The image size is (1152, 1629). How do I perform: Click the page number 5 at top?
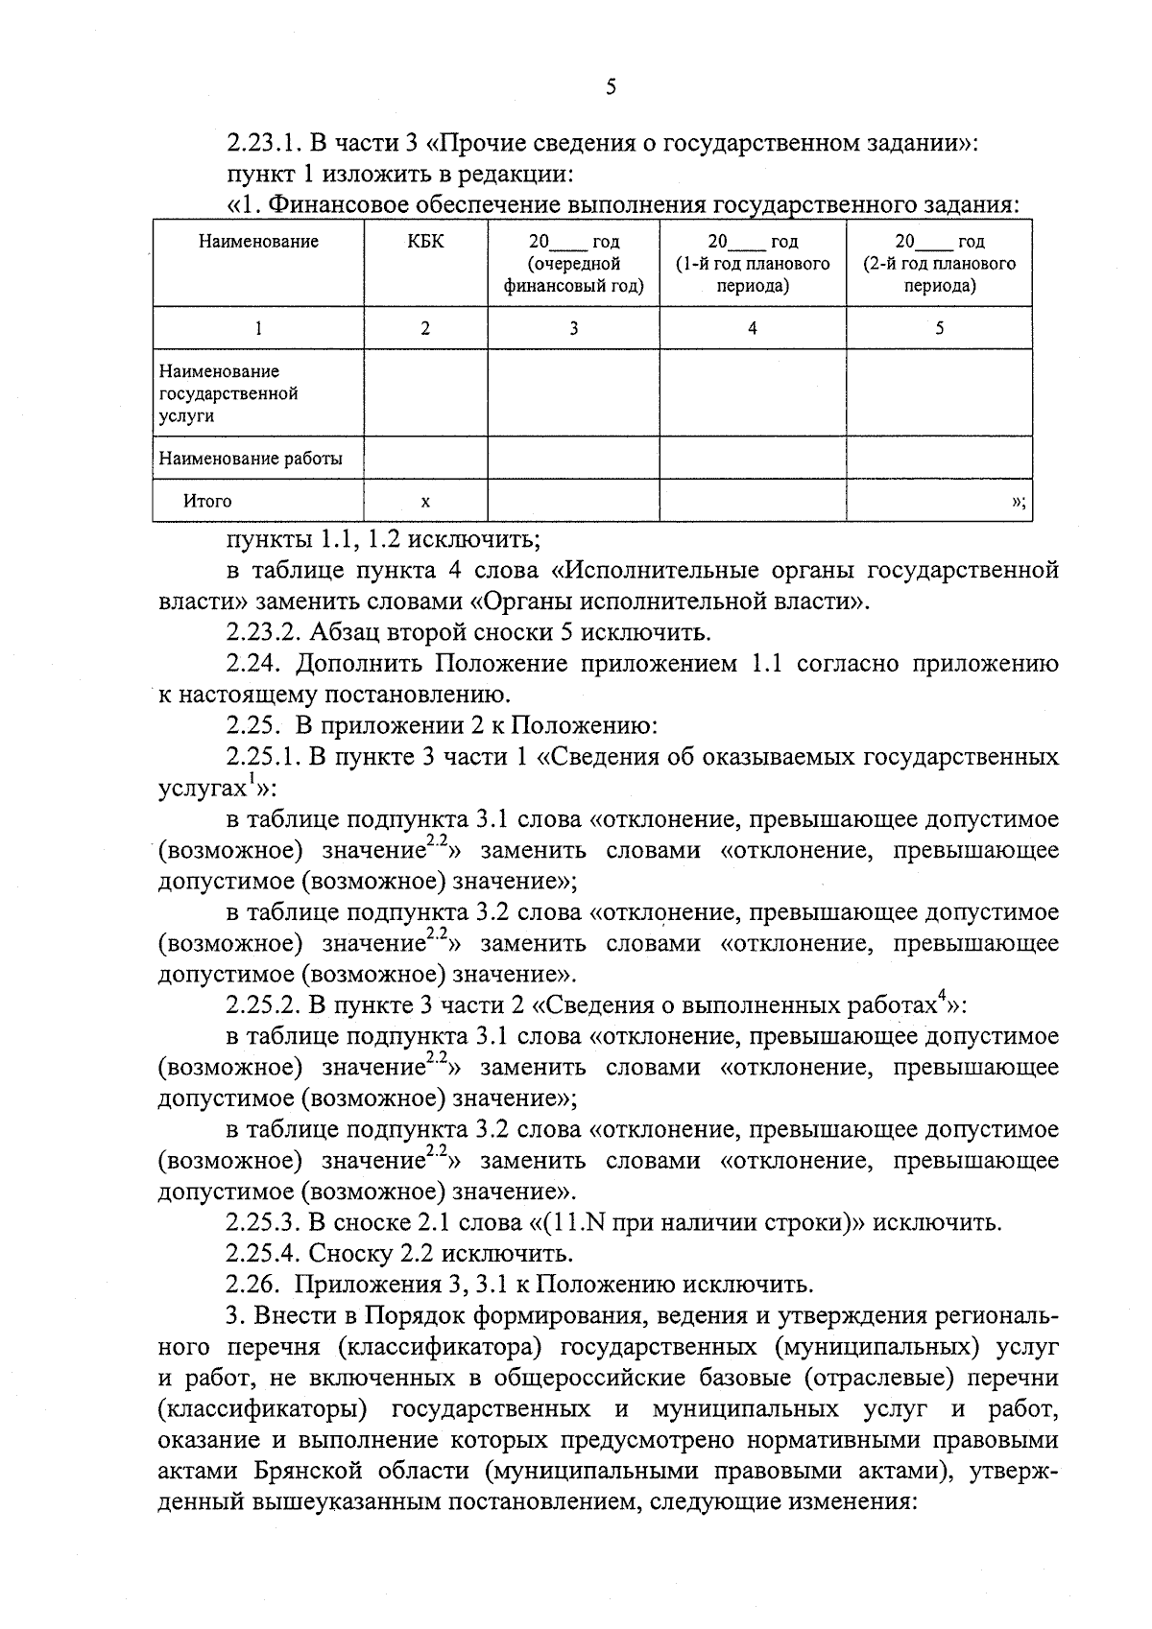coord(612,87)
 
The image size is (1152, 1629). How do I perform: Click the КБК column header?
coord(425,242)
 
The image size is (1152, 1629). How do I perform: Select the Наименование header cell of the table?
coord(258,242)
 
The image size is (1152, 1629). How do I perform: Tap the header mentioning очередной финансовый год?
coord(573,264)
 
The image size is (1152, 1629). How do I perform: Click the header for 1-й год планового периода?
coord(752,264)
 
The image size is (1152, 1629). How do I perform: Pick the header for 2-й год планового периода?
coord(939,264)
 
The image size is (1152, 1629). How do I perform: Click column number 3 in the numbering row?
coord(573,328)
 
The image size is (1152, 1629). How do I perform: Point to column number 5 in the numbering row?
coord(939,328)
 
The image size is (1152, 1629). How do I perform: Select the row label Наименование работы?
coord(251,459)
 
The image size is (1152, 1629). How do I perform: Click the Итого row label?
coord(207,501)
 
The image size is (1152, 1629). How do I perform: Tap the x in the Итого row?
coord(425,501)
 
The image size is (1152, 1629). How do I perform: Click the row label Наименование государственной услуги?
coord(228,393)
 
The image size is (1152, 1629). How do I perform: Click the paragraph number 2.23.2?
coord(262,632)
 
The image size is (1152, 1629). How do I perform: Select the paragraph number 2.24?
coord(253,664)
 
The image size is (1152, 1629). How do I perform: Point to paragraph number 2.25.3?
coord(262,1222)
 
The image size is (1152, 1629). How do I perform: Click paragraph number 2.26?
coord(253,1285)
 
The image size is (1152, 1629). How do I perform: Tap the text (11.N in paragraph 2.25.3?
coord(574,1222)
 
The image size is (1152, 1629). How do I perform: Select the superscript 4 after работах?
coord(942,998)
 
